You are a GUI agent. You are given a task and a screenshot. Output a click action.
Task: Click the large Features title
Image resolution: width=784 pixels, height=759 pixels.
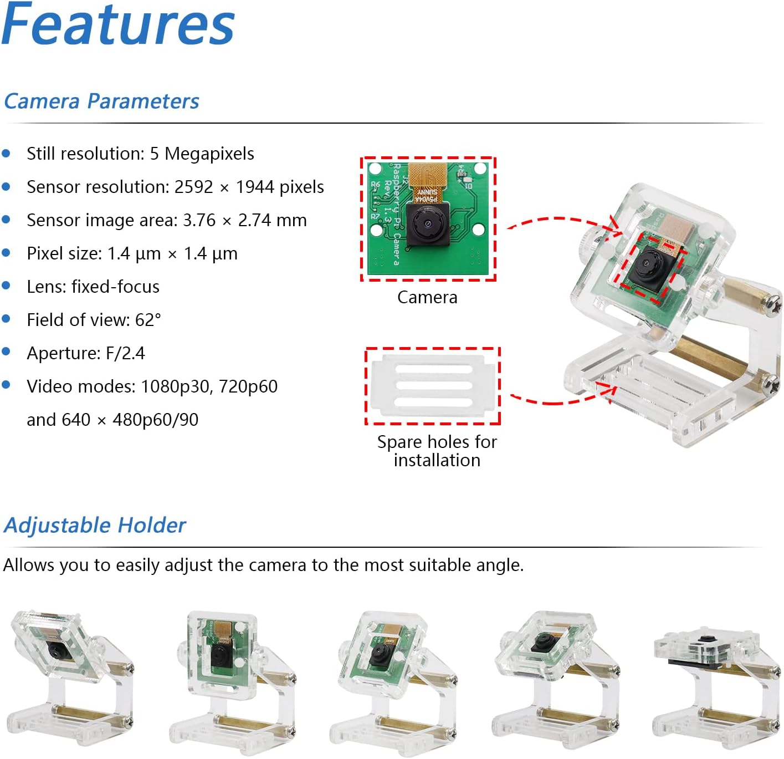coord(118,24)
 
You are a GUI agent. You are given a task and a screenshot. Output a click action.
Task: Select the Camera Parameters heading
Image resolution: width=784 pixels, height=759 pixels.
coord(101,101)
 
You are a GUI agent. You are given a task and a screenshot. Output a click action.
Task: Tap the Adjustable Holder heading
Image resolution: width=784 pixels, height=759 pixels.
coord(95,526)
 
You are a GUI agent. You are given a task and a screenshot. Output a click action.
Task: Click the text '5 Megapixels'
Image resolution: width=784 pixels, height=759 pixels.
coord(202,154)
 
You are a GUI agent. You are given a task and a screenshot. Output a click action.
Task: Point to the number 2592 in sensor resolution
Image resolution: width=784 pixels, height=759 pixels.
coord(193,187)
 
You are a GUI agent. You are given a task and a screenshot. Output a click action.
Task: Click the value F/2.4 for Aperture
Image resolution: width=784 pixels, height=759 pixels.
coord(125,353)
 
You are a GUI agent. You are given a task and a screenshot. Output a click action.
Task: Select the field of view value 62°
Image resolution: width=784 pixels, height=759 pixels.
coord(148,320)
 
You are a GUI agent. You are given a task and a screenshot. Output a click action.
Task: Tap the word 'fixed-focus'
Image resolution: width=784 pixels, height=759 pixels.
coord(115,287)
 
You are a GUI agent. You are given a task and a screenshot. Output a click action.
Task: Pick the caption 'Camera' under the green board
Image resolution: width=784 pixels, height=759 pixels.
coord(427,298)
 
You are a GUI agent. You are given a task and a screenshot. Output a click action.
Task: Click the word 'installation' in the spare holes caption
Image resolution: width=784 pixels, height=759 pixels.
coord(437,460)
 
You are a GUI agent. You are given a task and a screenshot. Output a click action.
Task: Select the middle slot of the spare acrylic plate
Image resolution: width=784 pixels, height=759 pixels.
coord(434,385)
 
